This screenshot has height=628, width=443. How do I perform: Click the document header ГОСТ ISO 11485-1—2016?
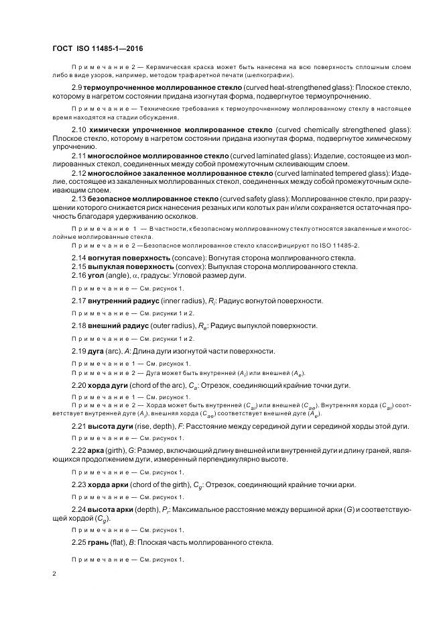click(97, 48)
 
